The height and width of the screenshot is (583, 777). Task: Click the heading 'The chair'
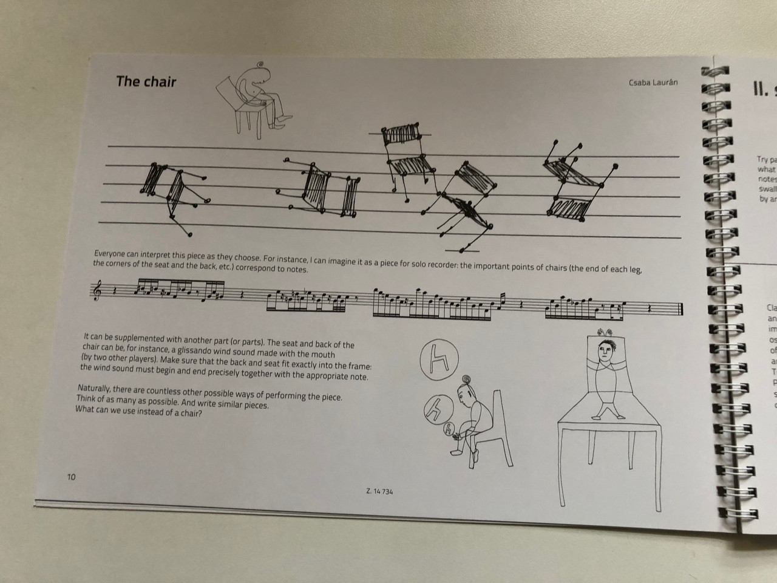click(x=146, y=81)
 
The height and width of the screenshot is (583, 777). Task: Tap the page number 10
click(x=71, y=477)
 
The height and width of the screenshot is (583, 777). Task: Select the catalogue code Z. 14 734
click(x=380, y=491)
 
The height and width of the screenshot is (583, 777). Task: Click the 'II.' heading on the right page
click(x=760, y=90)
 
